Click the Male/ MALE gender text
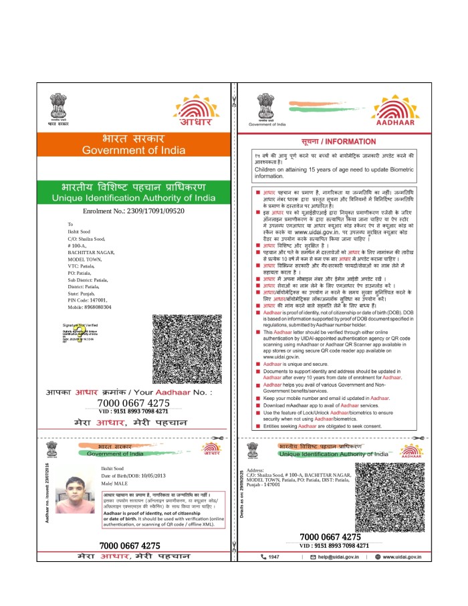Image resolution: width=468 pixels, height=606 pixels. [x=116, y=482]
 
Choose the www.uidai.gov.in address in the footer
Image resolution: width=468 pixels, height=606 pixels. [x=401, y=557]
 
